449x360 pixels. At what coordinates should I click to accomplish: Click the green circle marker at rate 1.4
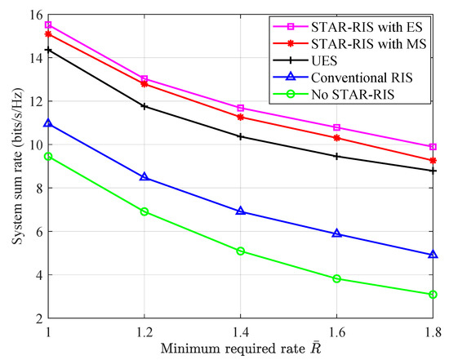(241, 251)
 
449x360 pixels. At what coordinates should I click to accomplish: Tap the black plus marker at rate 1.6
(336, 156)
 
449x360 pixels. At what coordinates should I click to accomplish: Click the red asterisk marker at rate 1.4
(241, 118)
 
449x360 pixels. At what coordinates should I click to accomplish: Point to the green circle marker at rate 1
(48, 156)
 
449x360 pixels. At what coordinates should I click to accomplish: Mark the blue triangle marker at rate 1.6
(336, 233)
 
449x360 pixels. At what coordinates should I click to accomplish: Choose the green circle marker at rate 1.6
(336, 278)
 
